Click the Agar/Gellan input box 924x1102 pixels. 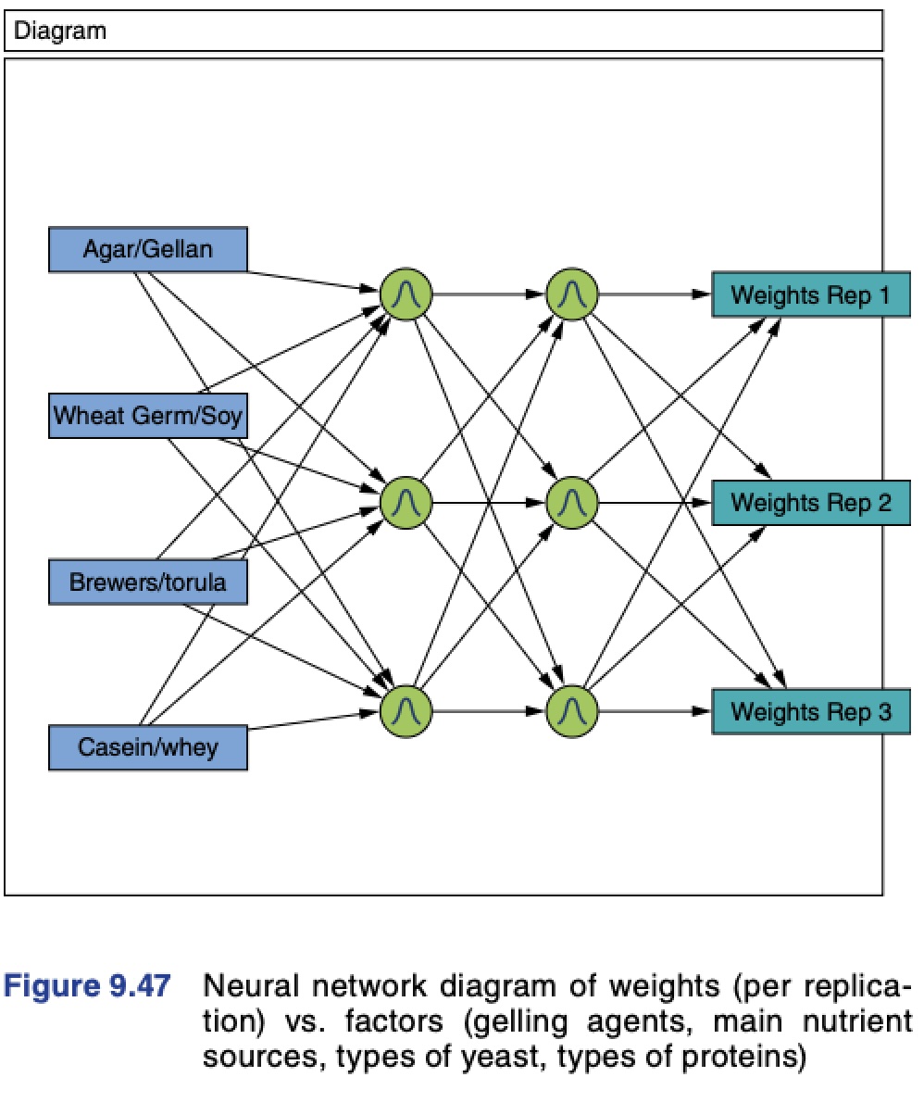[x=147, y=249]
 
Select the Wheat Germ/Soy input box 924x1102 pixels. [x=147, y=415]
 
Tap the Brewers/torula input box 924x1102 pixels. [x=147, y=583]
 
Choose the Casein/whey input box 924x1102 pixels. [x=147, y=747]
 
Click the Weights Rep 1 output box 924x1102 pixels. [x=810, y=295]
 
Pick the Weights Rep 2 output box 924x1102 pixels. [x=810, y=503]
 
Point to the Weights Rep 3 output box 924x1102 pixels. [x=810, y=712]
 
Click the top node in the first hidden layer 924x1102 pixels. [x=406, y=295]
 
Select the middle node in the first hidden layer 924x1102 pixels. [x=406, y=503]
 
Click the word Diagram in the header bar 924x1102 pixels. [x=60, y=31]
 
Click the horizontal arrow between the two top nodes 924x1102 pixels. [x=488, y=295]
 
